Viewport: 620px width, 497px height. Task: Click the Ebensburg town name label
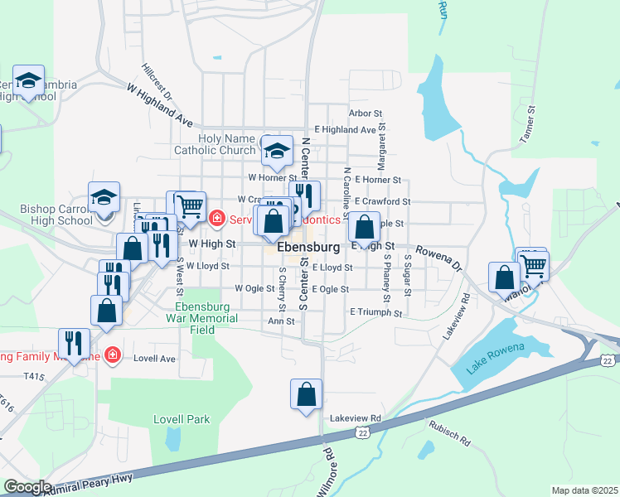click(x=308, y=248)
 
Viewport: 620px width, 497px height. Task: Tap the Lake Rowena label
click(x=496, y=358)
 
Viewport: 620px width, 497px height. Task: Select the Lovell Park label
click(x=182, y=419)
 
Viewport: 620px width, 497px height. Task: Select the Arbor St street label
click(x=366, y=113)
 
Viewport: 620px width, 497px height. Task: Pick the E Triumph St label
click(x=375, y=313)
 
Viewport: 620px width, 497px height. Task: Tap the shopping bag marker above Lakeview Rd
click(x=306, y=394)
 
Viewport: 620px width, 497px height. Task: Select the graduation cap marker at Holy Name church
click(x=278, y=151)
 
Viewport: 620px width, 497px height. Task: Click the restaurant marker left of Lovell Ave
click(x=74, y=344)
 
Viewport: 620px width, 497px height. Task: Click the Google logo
click(x=27, y=487)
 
